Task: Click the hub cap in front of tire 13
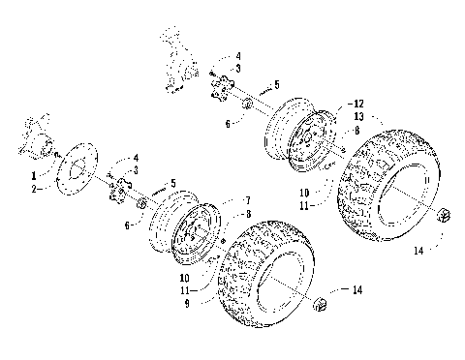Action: point(446,215)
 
